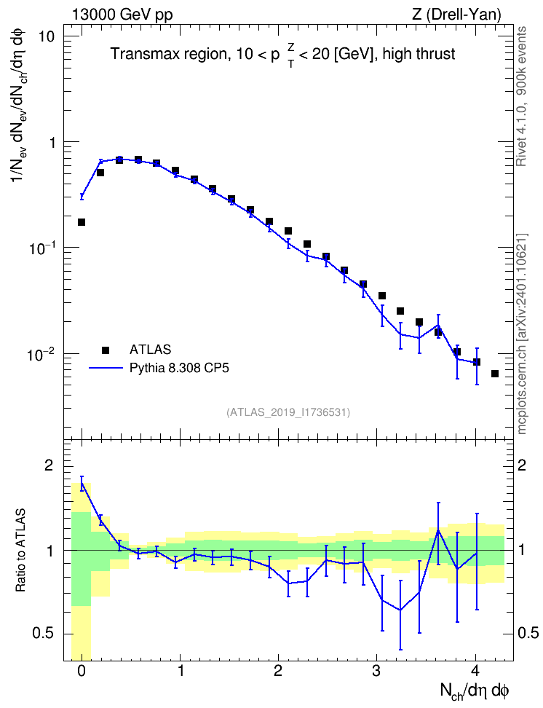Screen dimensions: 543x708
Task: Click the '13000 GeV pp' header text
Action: pyautogui.click(x=122, y=15)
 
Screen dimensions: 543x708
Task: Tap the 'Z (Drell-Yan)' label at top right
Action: pyautogui.click(x=456, y=15)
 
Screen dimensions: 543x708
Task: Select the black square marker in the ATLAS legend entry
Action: pyautogui.click(x=106, y=350)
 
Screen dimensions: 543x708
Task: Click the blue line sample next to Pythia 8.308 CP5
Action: pyautogui.click(x=106, y=368)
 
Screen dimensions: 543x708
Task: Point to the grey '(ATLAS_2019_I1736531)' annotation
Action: pyautogui.click(x=288, y=412)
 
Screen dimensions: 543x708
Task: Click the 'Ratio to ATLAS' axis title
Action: pyautogui.click(x=20, y=551)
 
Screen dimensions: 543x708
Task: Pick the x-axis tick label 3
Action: pyautogui.click(x=376, y=671)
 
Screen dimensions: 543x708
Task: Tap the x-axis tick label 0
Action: pyautogui.click(x=82, y=671)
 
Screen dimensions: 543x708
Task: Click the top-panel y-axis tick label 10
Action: pyautogui.click(x=45, y=36)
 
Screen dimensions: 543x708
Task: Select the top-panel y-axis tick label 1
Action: pyautogui.click(x=50, y=142)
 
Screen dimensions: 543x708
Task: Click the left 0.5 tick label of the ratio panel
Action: pyautogui.click(x=43, y=634)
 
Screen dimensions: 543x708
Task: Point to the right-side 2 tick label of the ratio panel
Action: pyautogui.click(x=522, y=466)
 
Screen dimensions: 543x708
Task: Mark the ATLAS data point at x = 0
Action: pyautogui.click(x=82, y=222)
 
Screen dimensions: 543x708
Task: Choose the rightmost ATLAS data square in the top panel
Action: pyautogui.click(x=495, y=374)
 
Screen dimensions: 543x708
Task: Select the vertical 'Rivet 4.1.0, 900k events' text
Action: pyautogui.click(x=521, y=96)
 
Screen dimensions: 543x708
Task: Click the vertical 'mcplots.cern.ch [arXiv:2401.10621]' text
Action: pyautogui.click(x=522, y=334)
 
